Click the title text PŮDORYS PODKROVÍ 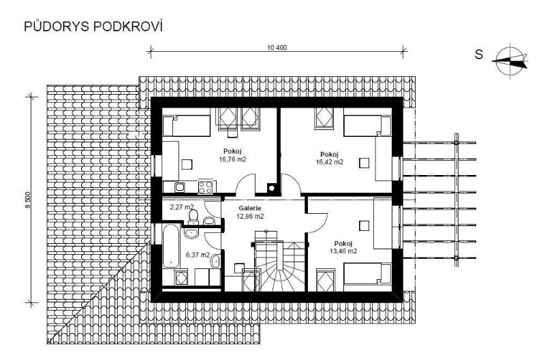[x=93, y=27]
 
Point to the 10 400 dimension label [x=277, y=48]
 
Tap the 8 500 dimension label [x=28, y=200]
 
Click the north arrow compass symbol [x=510, y=61]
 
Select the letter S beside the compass [x=479, y=54]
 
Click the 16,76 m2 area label [x=232, y=159]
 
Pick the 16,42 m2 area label [x=330, y=162]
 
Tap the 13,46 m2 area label [x=343, y=251]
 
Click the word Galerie [x=250, y=208]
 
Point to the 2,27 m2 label [x=181, y=207]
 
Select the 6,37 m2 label [x=198, y=255]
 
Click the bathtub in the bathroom [x=171, y=246]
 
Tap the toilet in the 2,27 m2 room [x=193, y=217]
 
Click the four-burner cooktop [x=205, y=187]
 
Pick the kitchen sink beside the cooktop [x=179, y=187]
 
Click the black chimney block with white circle [x=272, y=188]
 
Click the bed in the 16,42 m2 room [x=368, y=127]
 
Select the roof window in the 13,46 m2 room [x=326, y=281]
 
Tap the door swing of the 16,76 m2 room [x=246, y=184]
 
